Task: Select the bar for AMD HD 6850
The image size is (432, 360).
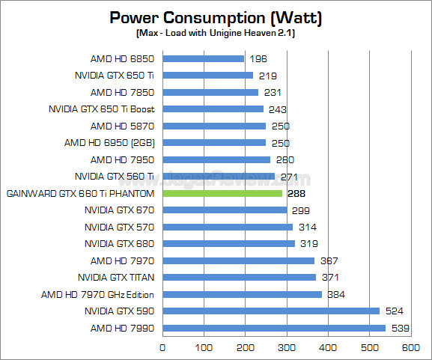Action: tap(203, 58)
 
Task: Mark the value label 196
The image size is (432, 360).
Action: tap(259, 58)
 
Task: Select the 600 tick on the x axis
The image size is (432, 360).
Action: tap(410, 347)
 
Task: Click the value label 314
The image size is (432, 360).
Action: tap(308, 227)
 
